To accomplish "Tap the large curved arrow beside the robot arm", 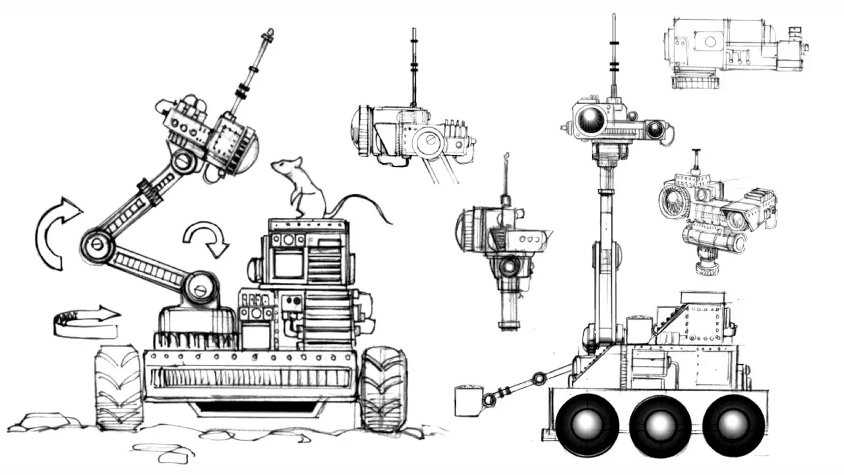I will click(53, 231).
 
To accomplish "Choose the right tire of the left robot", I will click(383, 389).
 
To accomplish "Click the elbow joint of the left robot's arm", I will click(96, 243).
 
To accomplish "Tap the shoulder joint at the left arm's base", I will click(200, 288).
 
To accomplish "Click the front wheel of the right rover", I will click(586, 424).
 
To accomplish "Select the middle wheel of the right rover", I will click(660, 424).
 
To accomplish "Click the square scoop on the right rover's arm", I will click(469, 402).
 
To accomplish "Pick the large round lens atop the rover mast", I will click(590, 121).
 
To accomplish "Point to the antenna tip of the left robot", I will click(268, 33).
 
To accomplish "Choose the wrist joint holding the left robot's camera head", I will click(183, 160).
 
